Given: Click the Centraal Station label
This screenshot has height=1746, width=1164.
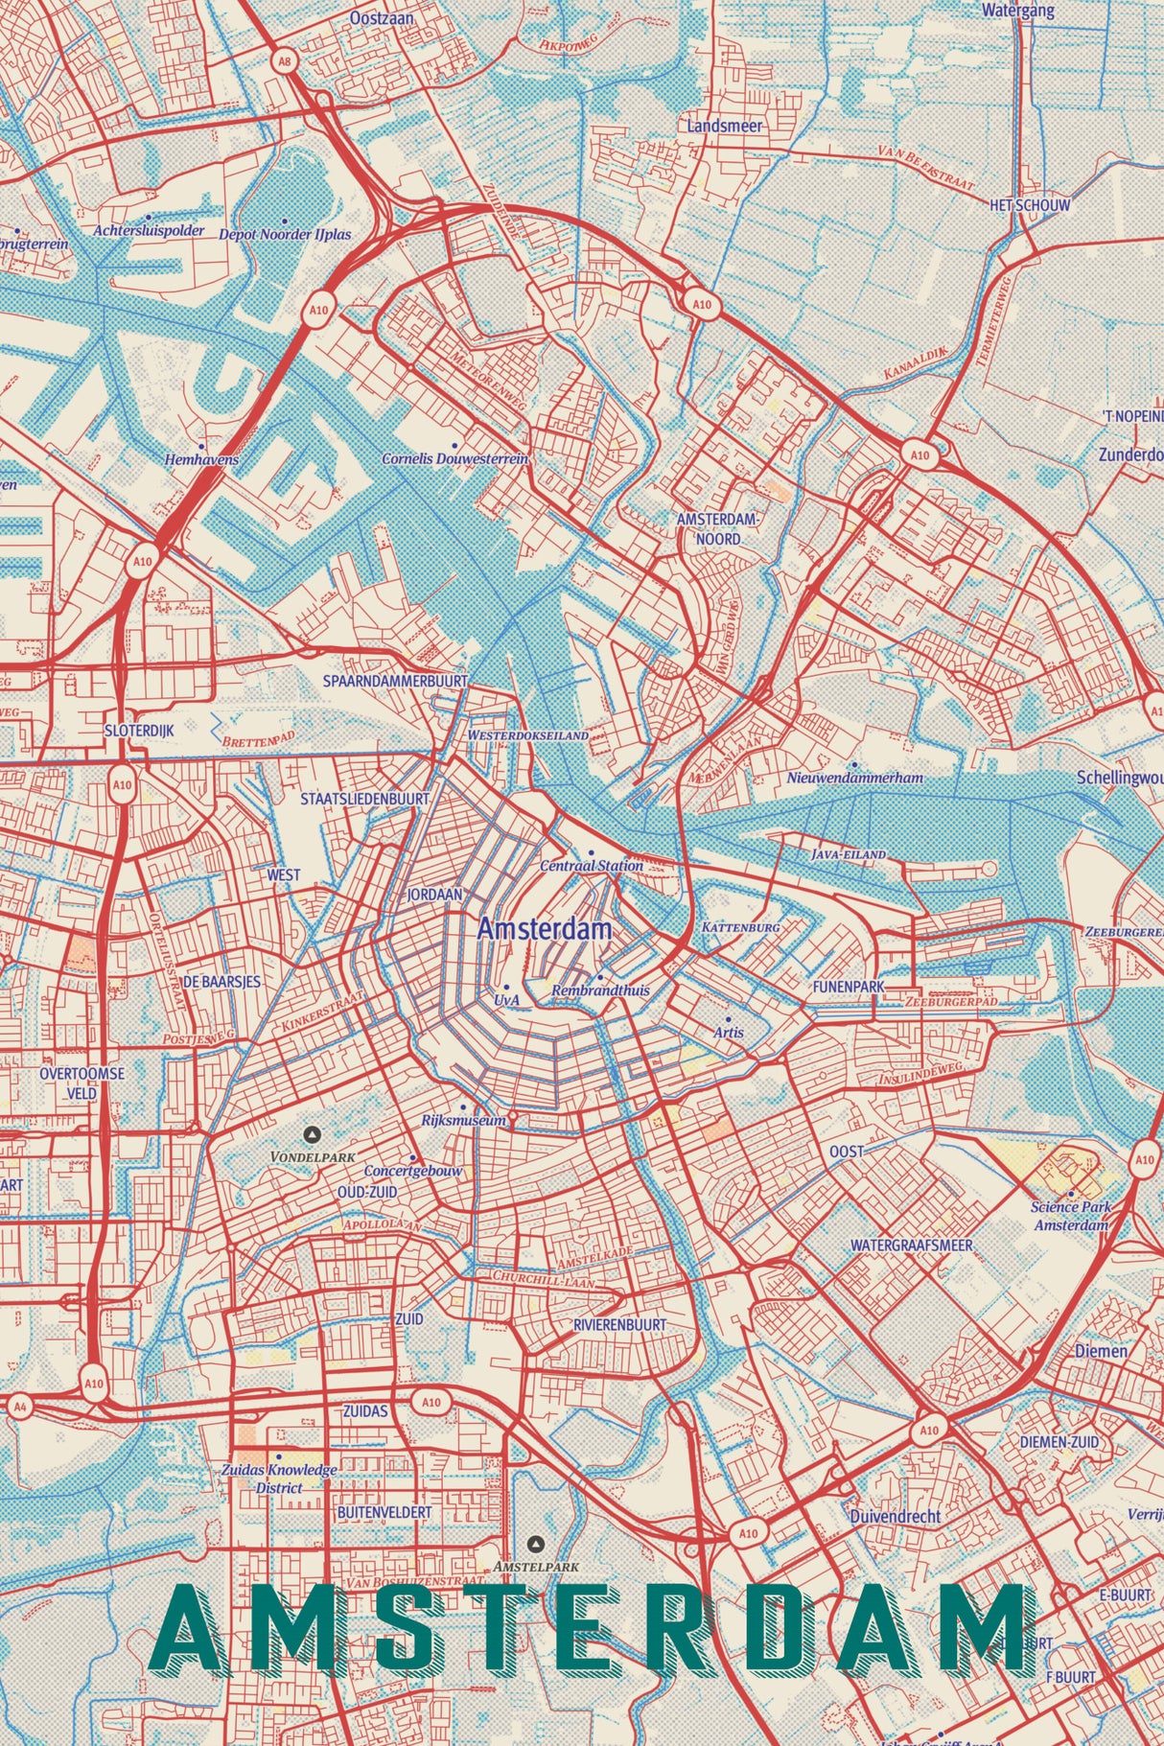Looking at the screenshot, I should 592,865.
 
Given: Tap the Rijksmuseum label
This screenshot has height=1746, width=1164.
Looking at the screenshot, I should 463,1120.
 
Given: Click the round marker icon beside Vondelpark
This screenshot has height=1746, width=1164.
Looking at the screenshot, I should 311,1134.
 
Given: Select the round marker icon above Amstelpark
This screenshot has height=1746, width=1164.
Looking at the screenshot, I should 536,1544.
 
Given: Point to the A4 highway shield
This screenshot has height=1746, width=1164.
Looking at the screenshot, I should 20,1406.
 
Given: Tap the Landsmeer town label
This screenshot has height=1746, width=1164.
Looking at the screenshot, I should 725,126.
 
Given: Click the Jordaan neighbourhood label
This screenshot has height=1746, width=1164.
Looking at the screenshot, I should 435,895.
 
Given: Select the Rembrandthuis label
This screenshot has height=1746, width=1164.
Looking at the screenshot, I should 600,989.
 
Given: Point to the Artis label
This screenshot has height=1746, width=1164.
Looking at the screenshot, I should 729,1032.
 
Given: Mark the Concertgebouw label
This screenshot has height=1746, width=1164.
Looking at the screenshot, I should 413,1171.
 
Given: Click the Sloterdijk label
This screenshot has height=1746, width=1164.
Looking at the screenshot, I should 139,731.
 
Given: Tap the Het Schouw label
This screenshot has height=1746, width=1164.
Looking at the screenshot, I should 1031,205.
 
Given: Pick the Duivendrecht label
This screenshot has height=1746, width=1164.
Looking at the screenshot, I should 895,1516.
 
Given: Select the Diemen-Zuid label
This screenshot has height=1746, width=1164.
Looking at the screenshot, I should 1059,1442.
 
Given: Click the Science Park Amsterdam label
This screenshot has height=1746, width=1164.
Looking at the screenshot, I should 1070,1216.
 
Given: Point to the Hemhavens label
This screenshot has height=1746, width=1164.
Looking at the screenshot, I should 201,459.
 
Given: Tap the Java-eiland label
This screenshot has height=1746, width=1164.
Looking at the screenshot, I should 849,853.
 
